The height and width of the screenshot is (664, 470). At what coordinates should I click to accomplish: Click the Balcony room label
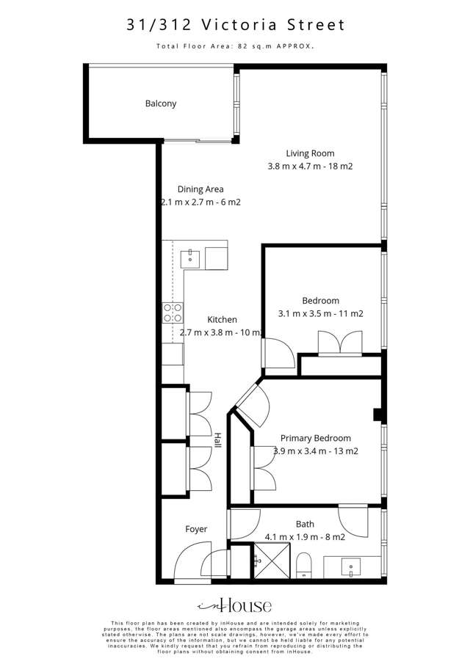tap(161, 103)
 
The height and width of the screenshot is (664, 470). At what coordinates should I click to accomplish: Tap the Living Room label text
tap(310, 153)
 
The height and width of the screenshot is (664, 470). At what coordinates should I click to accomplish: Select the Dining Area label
tap(200, 189)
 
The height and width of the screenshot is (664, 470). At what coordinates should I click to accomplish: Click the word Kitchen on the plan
tap(222, 319)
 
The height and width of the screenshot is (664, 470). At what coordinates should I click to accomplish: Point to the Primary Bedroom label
tap(315, 438)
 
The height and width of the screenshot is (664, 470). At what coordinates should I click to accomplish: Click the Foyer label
tap(196, 529)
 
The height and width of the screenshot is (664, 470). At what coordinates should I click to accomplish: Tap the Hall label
tap(218, 441)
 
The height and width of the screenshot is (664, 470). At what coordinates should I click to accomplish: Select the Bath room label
tap(305, 524)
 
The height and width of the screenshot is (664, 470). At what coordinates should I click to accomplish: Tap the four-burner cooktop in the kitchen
tap(173, 313)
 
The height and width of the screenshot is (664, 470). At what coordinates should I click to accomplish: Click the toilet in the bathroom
tap(305, 566)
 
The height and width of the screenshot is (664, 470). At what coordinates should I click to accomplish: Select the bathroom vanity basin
tap(351, 566)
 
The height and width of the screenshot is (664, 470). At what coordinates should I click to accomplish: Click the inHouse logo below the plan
tap(235, 605)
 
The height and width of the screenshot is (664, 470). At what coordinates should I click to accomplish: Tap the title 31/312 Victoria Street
tap(235, 25)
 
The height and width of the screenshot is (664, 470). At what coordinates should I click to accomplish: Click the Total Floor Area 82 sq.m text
tap(235, 46)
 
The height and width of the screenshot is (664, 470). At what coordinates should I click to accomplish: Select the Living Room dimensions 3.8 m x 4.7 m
tap(310, 167)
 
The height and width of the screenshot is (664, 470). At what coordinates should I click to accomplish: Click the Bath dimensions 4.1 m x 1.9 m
tap(305, 537)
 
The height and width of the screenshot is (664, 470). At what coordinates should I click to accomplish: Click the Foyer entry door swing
tap(189, 565)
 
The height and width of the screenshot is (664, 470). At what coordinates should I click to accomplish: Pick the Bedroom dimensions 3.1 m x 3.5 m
tap(321, 313)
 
